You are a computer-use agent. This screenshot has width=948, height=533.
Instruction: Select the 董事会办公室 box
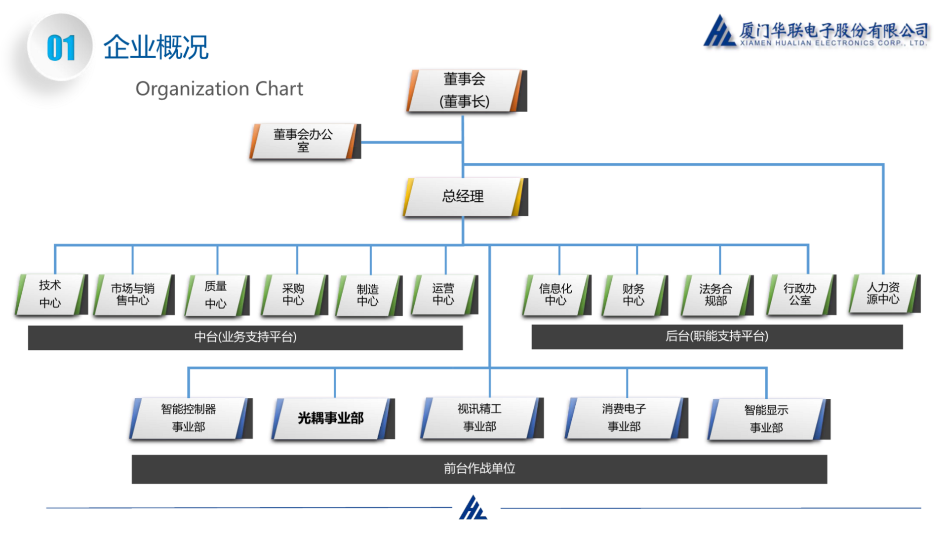(x=303, y=141)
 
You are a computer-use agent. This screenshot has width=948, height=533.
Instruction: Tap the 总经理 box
(x=463, y=197)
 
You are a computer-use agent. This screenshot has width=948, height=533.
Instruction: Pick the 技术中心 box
(x=50, y=295)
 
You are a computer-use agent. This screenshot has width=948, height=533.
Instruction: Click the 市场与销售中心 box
(x=133, y=295)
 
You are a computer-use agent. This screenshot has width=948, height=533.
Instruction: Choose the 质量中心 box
(x=216, y=295)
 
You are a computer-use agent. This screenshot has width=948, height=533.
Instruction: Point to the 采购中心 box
(x=293, y=295)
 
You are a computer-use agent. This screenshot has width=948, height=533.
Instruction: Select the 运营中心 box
(x=443, y=295)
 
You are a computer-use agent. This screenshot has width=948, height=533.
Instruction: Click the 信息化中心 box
(x=555, y=295)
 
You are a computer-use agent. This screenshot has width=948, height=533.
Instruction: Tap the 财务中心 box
(x=633, y=295)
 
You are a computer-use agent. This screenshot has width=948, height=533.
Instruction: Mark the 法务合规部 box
(x=715, y=295)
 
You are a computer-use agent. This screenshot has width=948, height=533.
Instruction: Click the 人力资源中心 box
(x=883, y=294)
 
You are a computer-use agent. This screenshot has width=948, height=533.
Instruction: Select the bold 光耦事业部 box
(x=331, y=419)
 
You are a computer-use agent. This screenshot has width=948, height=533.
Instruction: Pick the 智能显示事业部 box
(x=766, y=419)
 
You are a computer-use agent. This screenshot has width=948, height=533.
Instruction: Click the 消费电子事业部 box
(x=624, y=418)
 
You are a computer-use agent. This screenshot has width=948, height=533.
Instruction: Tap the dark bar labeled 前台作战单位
(x=479, y=469)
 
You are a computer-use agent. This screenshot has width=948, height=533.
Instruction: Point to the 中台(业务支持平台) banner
(x=245, y=338)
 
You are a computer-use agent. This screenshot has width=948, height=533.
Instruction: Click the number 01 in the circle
(x=61, y=48)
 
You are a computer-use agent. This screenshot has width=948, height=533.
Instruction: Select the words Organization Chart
(x=219, y=89)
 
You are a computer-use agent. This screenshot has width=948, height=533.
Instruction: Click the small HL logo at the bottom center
(x=474, y=508)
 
